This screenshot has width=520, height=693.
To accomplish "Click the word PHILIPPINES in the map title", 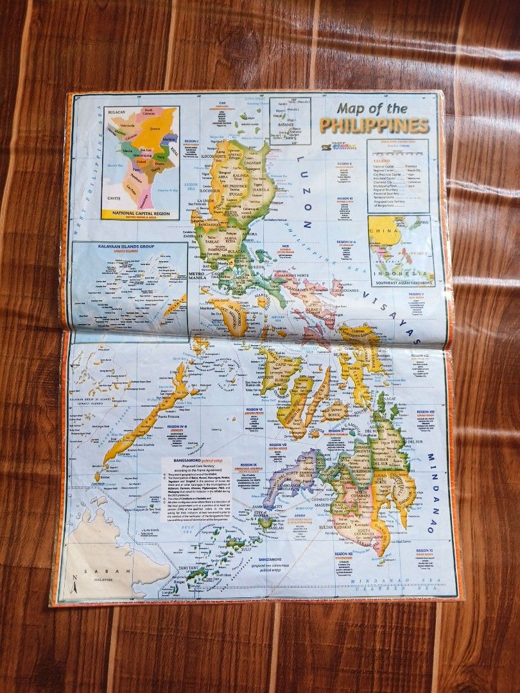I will coord(374,124).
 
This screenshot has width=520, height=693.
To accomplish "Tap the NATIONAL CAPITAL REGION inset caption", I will coord(140,211).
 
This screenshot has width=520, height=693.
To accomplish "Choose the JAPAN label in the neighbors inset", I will coord(420,223).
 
